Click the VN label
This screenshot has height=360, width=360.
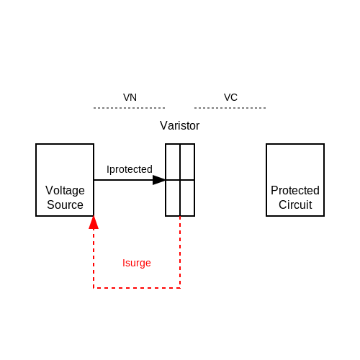[x=130, y=97]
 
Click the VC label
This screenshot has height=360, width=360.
[x=230, y=97]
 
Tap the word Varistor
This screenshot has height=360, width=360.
[x=180, y=125]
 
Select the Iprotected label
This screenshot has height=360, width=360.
[x=130, y=169]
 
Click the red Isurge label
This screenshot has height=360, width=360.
[x=137, y=263]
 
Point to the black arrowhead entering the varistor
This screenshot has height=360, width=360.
[x=159, y=180]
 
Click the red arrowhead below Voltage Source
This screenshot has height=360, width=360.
[x=94, y=222]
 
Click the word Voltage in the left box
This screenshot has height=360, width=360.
[x=65, y=191]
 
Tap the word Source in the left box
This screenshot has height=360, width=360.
[x=65, y=204]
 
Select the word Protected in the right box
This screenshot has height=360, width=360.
[x=295, y=190]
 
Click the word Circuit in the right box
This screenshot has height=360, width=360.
[x=295, y=204]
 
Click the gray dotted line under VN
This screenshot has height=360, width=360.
[x=130, y=108]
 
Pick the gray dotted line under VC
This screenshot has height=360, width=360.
[x=230, y=108]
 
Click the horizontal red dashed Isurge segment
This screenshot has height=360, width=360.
[x=137, y=288]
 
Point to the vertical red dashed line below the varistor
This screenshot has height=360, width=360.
[x=180, y=252]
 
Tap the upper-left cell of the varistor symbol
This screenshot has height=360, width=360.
[x=173, y=162]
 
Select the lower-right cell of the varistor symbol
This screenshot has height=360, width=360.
[x=187, y=198]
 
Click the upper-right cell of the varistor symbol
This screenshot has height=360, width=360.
[x=187, y=162]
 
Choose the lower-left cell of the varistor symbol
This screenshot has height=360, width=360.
[x=173, y=198]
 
